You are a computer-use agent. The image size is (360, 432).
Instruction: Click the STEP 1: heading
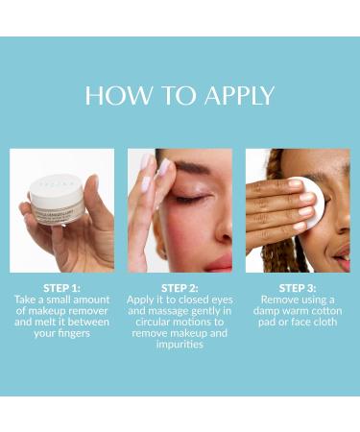[61, 288]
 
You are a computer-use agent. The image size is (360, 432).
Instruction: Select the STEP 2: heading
[180, 288]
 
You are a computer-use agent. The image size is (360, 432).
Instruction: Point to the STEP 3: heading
[298, 288]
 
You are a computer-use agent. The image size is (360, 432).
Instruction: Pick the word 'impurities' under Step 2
[180, 346]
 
